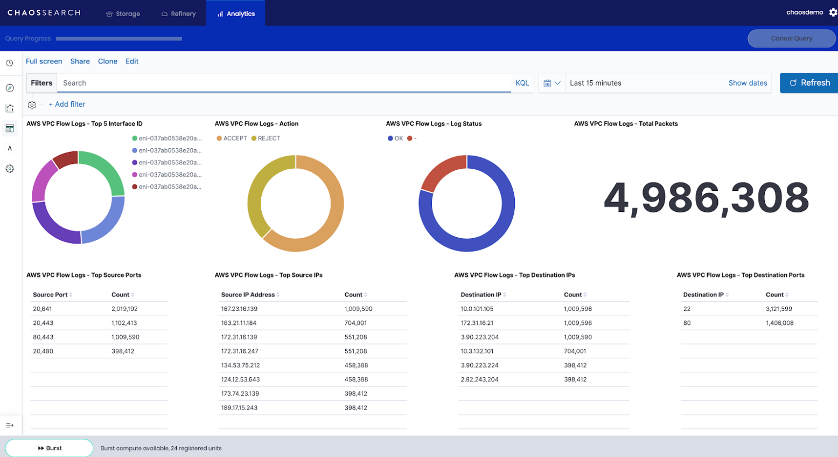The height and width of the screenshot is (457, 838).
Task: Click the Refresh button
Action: pyautogui.click(x=809, y=83)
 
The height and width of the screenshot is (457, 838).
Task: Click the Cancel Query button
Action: pyautogui.click(x=791, y=38)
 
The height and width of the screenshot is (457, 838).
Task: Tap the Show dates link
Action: pyautogui.click(x=748, y=83)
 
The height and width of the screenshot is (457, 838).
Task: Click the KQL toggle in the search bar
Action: pyautogui.click(x=522, y=83)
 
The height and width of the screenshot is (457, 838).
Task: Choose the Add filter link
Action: pyautogui.click(x=67, y=104)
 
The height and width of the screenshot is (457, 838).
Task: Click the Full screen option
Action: pyautogui.click(x=44, y=61)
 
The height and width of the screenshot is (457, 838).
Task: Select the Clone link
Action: pyautogui.click(x=108, y=61)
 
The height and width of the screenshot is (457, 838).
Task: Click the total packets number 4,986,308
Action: pyautogui.click(x=706, y=198)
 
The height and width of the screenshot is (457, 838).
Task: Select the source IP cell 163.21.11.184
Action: pyautogui.click(x=239, y=323)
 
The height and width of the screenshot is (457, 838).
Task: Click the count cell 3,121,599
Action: pyautogui.click(x=779, y=309)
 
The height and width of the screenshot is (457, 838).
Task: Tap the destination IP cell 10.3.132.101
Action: pyautogui.click(x=477, y=351)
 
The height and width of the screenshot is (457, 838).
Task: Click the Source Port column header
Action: pyautogui.click(x=51, y=295)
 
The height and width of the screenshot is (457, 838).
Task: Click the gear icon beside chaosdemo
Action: pyautogui.click(x=833, y=12)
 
